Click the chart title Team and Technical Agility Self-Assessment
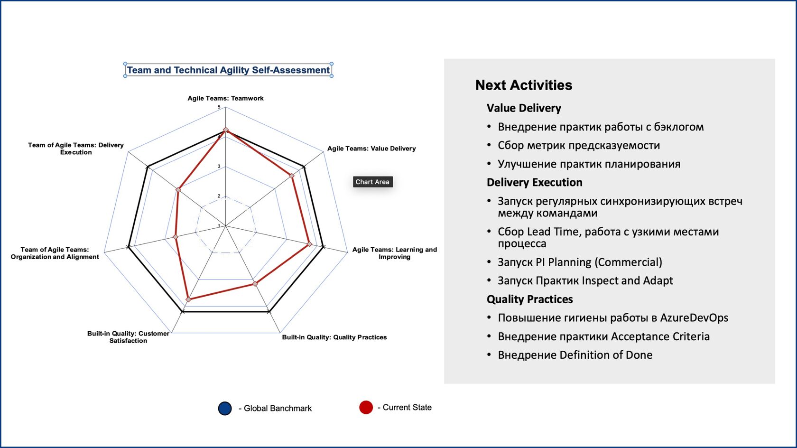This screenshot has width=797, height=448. click(228, 70)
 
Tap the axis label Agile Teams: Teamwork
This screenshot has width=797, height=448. click(225, 98)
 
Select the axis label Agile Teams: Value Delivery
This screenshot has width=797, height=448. click(371, 149)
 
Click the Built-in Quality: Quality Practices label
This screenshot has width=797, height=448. click(334, 337)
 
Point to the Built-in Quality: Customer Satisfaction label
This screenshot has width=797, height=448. click(128, 337)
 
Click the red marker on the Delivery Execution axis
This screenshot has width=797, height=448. click(178, 190)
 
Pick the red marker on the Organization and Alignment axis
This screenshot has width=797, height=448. click(176, 237)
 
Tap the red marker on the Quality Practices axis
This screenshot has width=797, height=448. click(255, 284)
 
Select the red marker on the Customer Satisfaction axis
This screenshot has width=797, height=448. click(188, 299)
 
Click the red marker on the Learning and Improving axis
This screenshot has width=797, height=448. click(309, 244)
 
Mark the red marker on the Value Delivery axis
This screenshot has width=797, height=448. click(292, 176)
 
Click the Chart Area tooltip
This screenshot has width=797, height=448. click(372, 182)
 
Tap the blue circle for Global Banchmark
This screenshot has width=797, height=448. click(225, 408)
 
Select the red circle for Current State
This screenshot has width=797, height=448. click(366, 407)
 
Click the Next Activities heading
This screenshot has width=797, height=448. click(524, 85)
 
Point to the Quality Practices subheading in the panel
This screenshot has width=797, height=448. click(530, 299)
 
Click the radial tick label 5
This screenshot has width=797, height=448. click(219, 107)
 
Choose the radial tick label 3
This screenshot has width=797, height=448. click(219, 167)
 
